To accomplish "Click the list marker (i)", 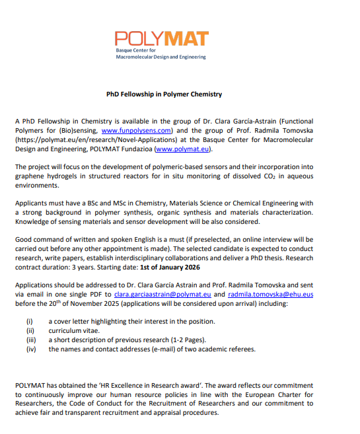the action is [28, 321].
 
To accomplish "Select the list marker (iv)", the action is [30, 349].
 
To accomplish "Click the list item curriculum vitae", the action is [74, 330].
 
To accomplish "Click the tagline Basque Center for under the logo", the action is [135, 50].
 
